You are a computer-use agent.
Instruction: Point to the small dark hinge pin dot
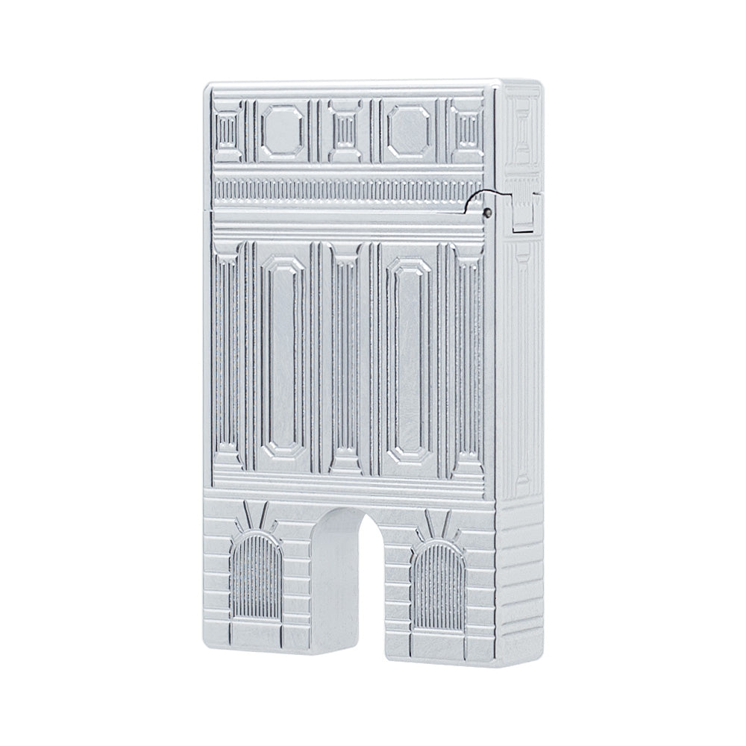tap(487, 212)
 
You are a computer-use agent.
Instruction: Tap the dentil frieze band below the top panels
tap(343, 189)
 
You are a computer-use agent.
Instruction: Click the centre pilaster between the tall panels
tap(344, 358)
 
